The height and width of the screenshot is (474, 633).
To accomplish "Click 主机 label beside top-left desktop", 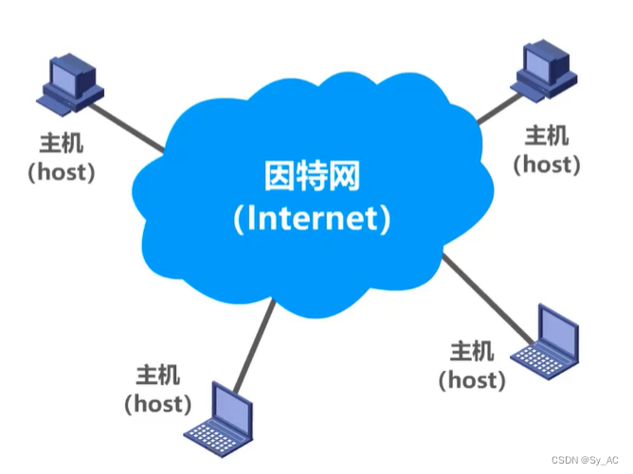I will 61,145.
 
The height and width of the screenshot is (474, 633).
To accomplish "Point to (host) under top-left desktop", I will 61,173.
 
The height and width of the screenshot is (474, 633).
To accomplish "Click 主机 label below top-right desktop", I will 547,135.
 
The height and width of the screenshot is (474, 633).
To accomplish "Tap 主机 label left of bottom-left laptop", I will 157,375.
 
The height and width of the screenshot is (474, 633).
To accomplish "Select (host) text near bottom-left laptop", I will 157,403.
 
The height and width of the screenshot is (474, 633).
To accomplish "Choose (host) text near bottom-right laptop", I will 471,380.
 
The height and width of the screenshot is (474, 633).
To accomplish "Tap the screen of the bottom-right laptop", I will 555,327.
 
